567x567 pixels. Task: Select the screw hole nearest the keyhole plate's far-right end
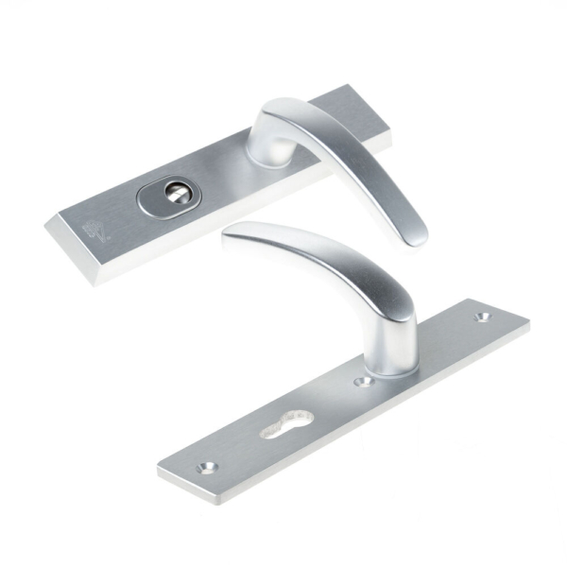(486, 318)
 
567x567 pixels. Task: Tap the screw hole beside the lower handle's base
(361, 382)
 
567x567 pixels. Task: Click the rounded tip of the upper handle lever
(417, 238)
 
